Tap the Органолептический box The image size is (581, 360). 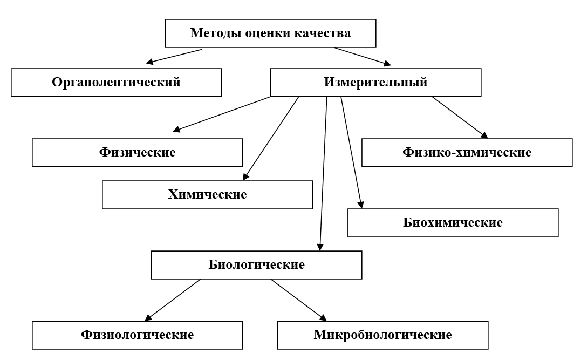[116, 83]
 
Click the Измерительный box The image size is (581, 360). [375, 83]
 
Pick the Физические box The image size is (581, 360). [137, 153]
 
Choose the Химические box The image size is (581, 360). [207, 195]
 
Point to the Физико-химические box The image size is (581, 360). [467, 153]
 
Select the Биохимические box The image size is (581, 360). [453, 223]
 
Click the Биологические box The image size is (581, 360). [256, 265]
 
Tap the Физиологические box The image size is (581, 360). [137, 335]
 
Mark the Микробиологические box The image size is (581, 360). [382, 335]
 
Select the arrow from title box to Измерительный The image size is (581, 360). [363, 56]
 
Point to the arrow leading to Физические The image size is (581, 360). [222, 114]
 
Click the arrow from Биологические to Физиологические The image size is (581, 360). [173, 300]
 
